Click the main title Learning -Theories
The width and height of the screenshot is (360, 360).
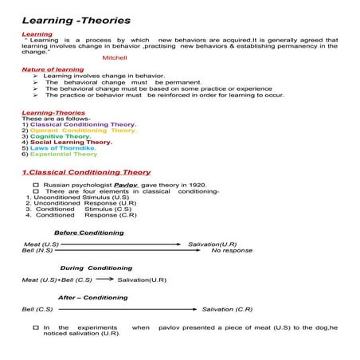click(76, 19)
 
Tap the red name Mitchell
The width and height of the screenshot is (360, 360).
click(115, 58)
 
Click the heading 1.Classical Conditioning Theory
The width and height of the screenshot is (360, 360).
click(86, 172)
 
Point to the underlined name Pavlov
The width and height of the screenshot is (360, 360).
click(128, 185)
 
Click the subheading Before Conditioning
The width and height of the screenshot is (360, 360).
click(88, 233)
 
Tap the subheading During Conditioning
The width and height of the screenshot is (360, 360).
click(96, 268)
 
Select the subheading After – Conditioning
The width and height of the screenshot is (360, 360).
click(92, 297)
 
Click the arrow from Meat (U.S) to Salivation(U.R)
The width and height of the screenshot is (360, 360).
click(121, 244)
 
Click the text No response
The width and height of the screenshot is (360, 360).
click(232, 250)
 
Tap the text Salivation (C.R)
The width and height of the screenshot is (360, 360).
click(227, 309)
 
